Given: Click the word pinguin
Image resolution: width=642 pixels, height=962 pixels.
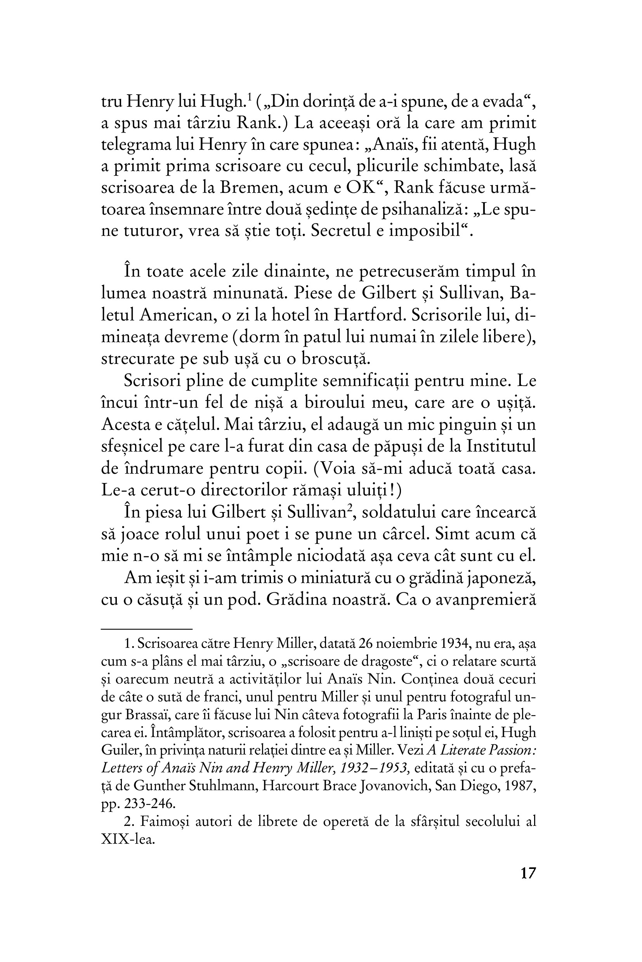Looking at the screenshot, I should [468, 425].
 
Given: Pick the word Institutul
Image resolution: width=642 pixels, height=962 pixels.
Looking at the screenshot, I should [501, 446].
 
